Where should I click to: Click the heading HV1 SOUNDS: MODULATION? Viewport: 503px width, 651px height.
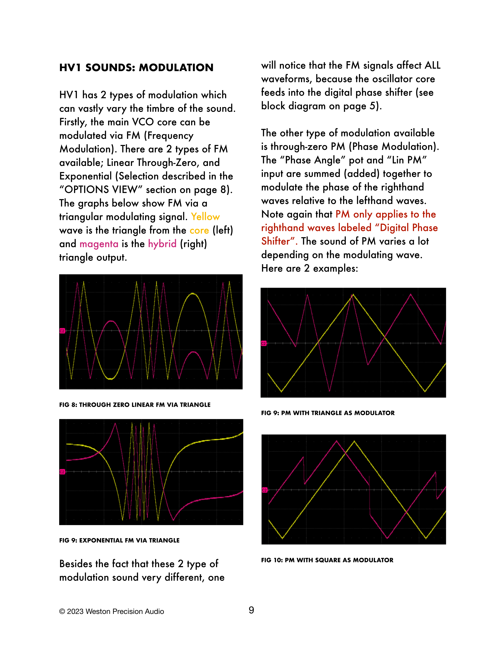click(136, 68)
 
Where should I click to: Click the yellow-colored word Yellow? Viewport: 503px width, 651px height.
click(205, 217)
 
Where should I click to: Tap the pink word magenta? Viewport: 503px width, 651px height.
click(99, 244)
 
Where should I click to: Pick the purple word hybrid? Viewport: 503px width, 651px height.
click(162, 244)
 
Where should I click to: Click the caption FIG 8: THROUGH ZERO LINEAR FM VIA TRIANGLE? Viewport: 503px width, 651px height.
click(135, 405)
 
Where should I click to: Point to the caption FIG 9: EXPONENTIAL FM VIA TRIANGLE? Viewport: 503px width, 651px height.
click(119, 540)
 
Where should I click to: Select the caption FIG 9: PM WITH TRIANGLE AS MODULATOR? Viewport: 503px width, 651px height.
click(328, 413)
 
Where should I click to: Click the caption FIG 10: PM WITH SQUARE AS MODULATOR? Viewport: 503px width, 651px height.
click(327, 560)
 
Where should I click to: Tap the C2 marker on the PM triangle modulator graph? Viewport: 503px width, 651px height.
click(263, 343)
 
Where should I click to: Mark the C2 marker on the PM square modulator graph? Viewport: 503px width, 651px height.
click(264, 490)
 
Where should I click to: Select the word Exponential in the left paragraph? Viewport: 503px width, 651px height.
click(86, 176)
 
